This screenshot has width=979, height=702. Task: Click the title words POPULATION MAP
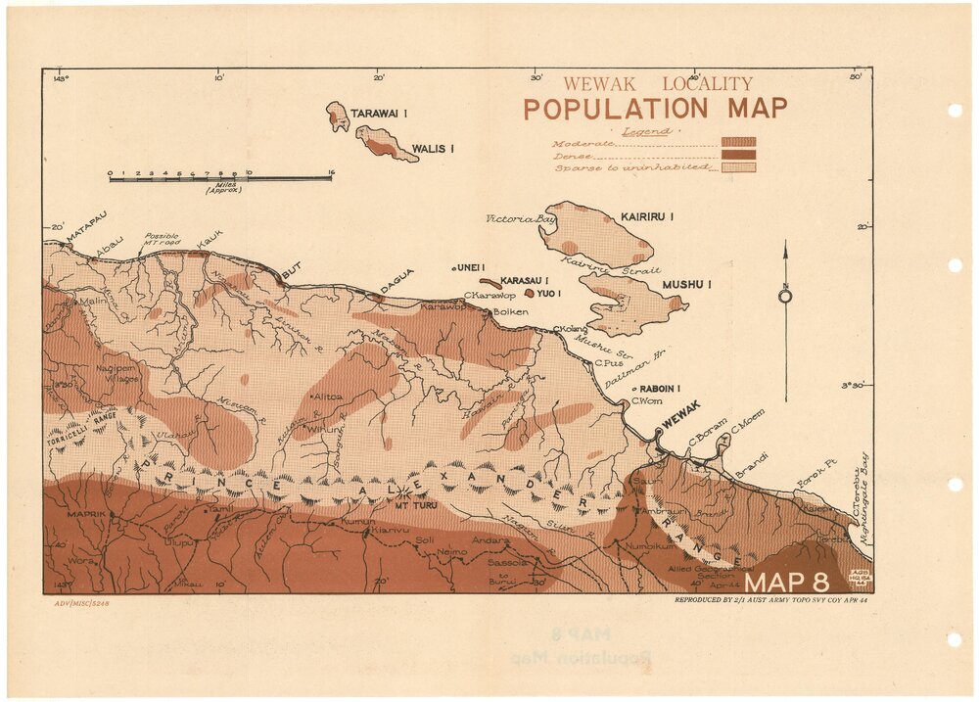[655, 109]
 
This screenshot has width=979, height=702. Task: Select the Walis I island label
[433, 149]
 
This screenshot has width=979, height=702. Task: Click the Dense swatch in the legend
[738, 155]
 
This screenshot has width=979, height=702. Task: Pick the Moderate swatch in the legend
[738, 142]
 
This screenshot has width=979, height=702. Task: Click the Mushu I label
[686, 284]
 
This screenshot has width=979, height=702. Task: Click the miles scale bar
[220, 178]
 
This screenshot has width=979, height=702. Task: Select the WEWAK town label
[682, 420]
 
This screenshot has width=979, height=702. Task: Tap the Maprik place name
[85, 514]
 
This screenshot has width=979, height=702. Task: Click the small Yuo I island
[530, 292]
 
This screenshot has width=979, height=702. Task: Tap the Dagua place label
[396, 278]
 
